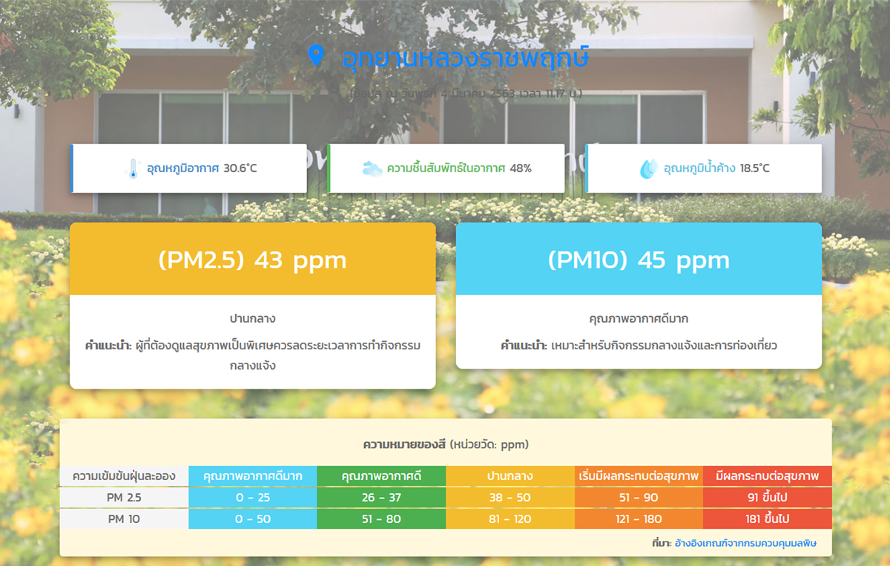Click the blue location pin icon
coord(316,56)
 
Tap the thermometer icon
coord(133,169)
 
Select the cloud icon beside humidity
coord(372,169)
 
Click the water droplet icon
coord(648,169)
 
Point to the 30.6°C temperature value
coord(240,168)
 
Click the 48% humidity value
coord(520,168)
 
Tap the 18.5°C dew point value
coord(754,168)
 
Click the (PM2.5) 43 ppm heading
coord(252,260)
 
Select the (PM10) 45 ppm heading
coord(639,260)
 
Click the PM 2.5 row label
coord(124,497)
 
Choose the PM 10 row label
coord(124,519)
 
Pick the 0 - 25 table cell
coord(253,497)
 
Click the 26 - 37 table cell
coord(381,497)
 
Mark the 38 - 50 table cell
coord(510,497)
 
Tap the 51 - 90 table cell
coord(639,497)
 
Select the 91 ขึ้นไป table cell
coord(767,497)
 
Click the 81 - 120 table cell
coord(510,519)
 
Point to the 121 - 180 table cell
coord(639,519)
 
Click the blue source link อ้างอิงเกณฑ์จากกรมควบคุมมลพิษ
coord(745,544)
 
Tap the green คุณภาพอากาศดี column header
coord(381,475)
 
